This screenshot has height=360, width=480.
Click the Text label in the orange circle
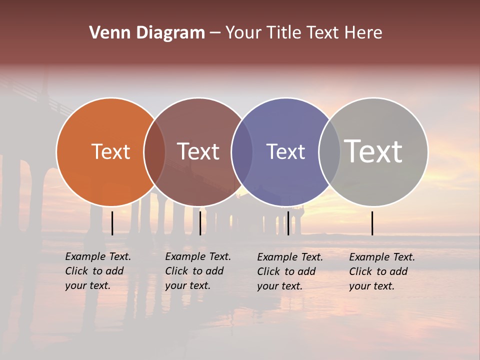point(110,151)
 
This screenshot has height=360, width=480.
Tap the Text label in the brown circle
point(198,151)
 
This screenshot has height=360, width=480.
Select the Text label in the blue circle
point(285,151)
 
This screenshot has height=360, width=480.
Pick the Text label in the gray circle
point(373,151)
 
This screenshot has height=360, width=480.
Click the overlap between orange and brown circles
point(154,152)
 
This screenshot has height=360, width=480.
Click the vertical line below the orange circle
point(112,223)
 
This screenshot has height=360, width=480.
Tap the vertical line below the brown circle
point(200,223)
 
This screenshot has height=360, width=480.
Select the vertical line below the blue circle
point(288,223)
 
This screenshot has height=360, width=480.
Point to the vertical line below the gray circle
point(372,223)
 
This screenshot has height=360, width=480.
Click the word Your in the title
point(244,33)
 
